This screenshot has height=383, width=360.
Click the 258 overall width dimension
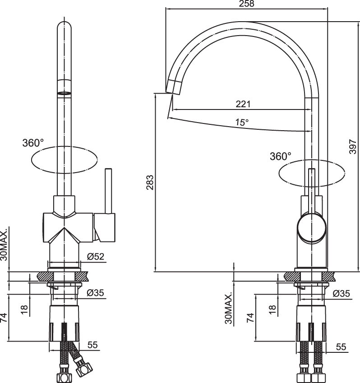[246, 4]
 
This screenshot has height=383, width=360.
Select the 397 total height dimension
[353, 146]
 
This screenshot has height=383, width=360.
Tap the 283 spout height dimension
[150, 182]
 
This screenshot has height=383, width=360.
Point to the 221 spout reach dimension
[243, 104]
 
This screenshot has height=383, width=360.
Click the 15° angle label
[242, 122]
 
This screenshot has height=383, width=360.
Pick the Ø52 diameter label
[96, 256]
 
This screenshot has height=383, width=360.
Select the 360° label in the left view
[33, 143]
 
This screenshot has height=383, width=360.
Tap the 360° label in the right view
[281, 156]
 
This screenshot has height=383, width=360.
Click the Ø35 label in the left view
[95, 292]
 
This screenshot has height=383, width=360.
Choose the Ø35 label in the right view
[342, 293]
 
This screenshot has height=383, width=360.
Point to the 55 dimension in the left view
[92, 345]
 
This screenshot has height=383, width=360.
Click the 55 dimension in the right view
[341, 347]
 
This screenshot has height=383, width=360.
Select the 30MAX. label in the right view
[228, 309]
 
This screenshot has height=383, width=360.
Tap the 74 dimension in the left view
[4, 317]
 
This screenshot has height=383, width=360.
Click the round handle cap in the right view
[312, 228]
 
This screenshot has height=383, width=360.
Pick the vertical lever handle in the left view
[108, 191]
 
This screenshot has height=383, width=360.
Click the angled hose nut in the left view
[84, 368]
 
